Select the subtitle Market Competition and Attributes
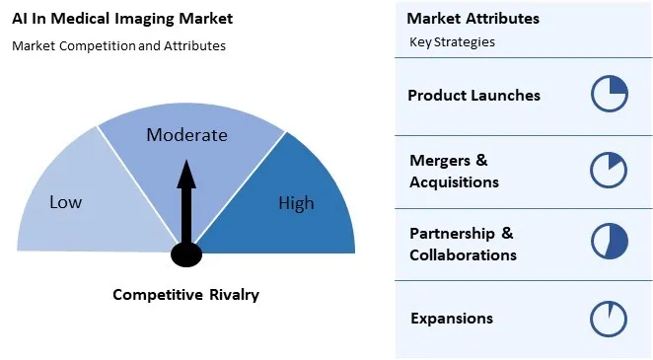[119, 46]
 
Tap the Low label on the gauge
[66, 202]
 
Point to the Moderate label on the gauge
[186, 135]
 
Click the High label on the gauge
[296, 203]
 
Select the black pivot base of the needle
[185, 254]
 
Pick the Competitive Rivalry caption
[185, 295]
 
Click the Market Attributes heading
[472, 19]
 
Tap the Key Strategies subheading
[452, 42]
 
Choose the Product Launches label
[473, 96]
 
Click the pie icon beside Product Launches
[610, 95]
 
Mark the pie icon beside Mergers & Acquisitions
[609, 170]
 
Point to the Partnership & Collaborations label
[463, 244]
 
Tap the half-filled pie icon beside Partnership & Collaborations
[609, 243]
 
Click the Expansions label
[451, 319]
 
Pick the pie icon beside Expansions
[609, 319]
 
